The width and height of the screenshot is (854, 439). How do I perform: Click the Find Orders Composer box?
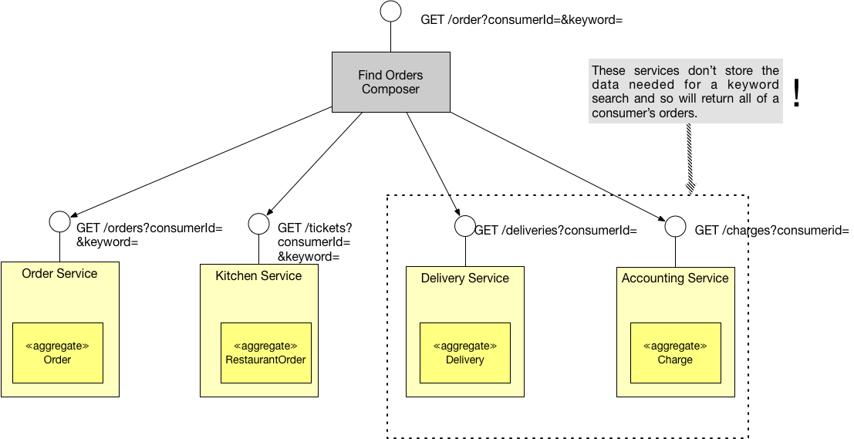click(x=390, y=82)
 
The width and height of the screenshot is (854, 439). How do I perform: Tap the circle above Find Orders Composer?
click(x=391, y=12)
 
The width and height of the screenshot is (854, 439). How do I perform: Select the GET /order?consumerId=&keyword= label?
click(x=521, y=20)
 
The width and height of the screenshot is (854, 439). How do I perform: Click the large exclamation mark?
click(x=797, y=92)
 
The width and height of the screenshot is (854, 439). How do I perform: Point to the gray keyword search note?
click(x=685, y=92)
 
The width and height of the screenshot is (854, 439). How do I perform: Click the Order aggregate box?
click(x=58, y=353)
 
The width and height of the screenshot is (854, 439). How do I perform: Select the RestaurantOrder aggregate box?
click(x=265, y=353)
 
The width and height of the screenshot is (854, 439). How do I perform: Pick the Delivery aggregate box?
click(x=465, y=353)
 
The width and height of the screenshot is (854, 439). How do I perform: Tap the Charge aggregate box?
click(x=675, y=353)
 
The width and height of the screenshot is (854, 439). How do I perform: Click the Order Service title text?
click(x=59, y=274)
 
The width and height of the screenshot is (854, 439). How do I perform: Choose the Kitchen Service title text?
click(x=258, y=276)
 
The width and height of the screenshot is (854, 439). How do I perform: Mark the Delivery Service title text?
click(x=465, y=279)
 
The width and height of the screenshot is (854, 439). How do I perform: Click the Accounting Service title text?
click(x=675, y=279)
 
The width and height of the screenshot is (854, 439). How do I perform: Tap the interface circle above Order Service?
click(x=59, y=221)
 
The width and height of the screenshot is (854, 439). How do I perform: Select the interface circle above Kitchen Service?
click(x=258, y=224)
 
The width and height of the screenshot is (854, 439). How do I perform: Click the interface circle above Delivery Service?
click(x=464, y=225)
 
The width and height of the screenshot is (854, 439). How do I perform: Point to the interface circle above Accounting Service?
click(x=675, y=226)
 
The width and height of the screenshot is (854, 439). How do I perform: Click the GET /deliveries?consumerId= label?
click(x=555, y=230)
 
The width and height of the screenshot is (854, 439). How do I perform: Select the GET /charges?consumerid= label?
click(x=771, y=230)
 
